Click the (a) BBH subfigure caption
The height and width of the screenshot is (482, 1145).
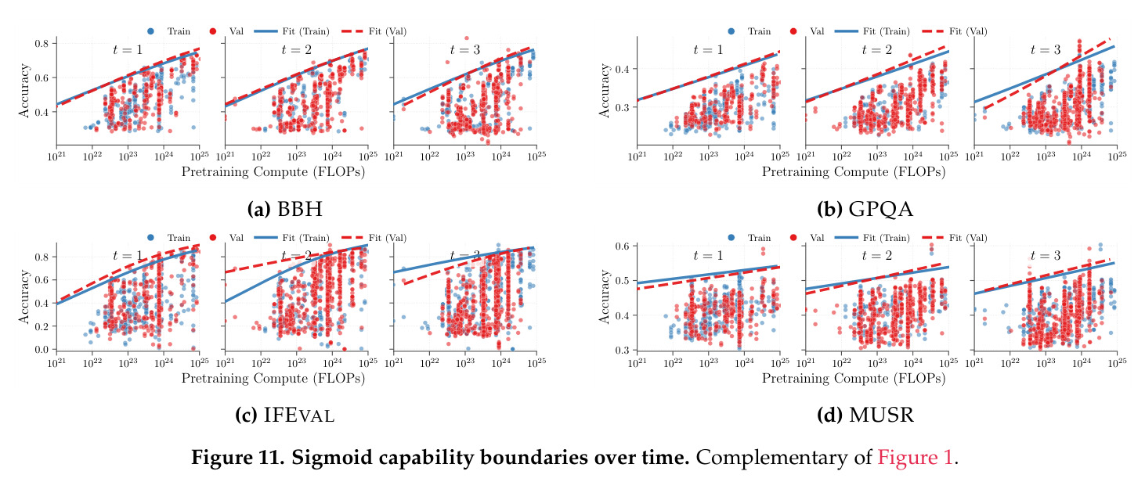point(285,209)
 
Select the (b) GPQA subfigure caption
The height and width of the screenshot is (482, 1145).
point(865,209)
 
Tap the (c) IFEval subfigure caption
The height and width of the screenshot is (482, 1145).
point(285,415)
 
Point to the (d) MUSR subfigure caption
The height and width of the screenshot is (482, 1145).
point(865,415)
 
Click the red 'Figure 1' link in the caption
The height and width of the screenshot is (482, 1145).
point(916,457)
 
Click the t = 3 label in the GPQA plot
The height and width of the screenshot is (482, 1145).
point(1046,49)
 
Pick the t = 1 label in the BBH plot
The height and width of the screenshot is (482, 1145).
point(128,49)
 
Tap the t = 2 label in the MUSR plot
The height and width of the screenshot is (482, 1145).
point(876,255)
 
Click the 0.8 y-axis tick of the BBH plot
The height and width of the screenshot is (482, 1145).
point(42,43)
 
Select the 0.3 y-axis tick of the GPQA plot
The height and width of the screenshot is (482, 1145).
point(622,107)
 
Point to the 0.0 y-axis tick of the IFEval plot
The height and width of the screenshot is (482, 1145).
point(42,349)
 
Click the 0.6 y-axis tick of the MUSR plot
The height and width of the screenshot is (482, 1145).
point(622,246)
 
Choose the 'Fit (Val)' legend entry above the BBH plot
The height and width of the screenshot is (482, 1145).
point(374,31)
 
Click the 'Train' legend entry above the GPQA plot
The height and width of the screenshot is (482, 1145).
point(749,31)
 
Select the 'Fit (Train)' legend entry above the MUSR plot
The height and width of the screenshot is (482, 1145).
point(872,237)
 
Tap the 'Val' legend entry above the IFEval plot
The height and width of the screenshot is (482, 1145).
point(226,237)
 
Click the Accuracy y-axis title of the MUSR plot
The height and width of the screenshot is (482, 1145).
point(605,297)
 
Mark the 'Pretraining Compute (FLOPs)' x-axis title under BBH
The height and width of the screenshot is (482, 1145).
point(273,172)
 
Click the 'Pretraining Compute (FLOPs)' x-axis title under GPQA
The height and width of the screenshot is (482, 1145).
point(854,172)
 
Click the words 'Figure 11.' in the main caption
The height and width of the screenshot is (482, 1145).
point(237,457)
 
